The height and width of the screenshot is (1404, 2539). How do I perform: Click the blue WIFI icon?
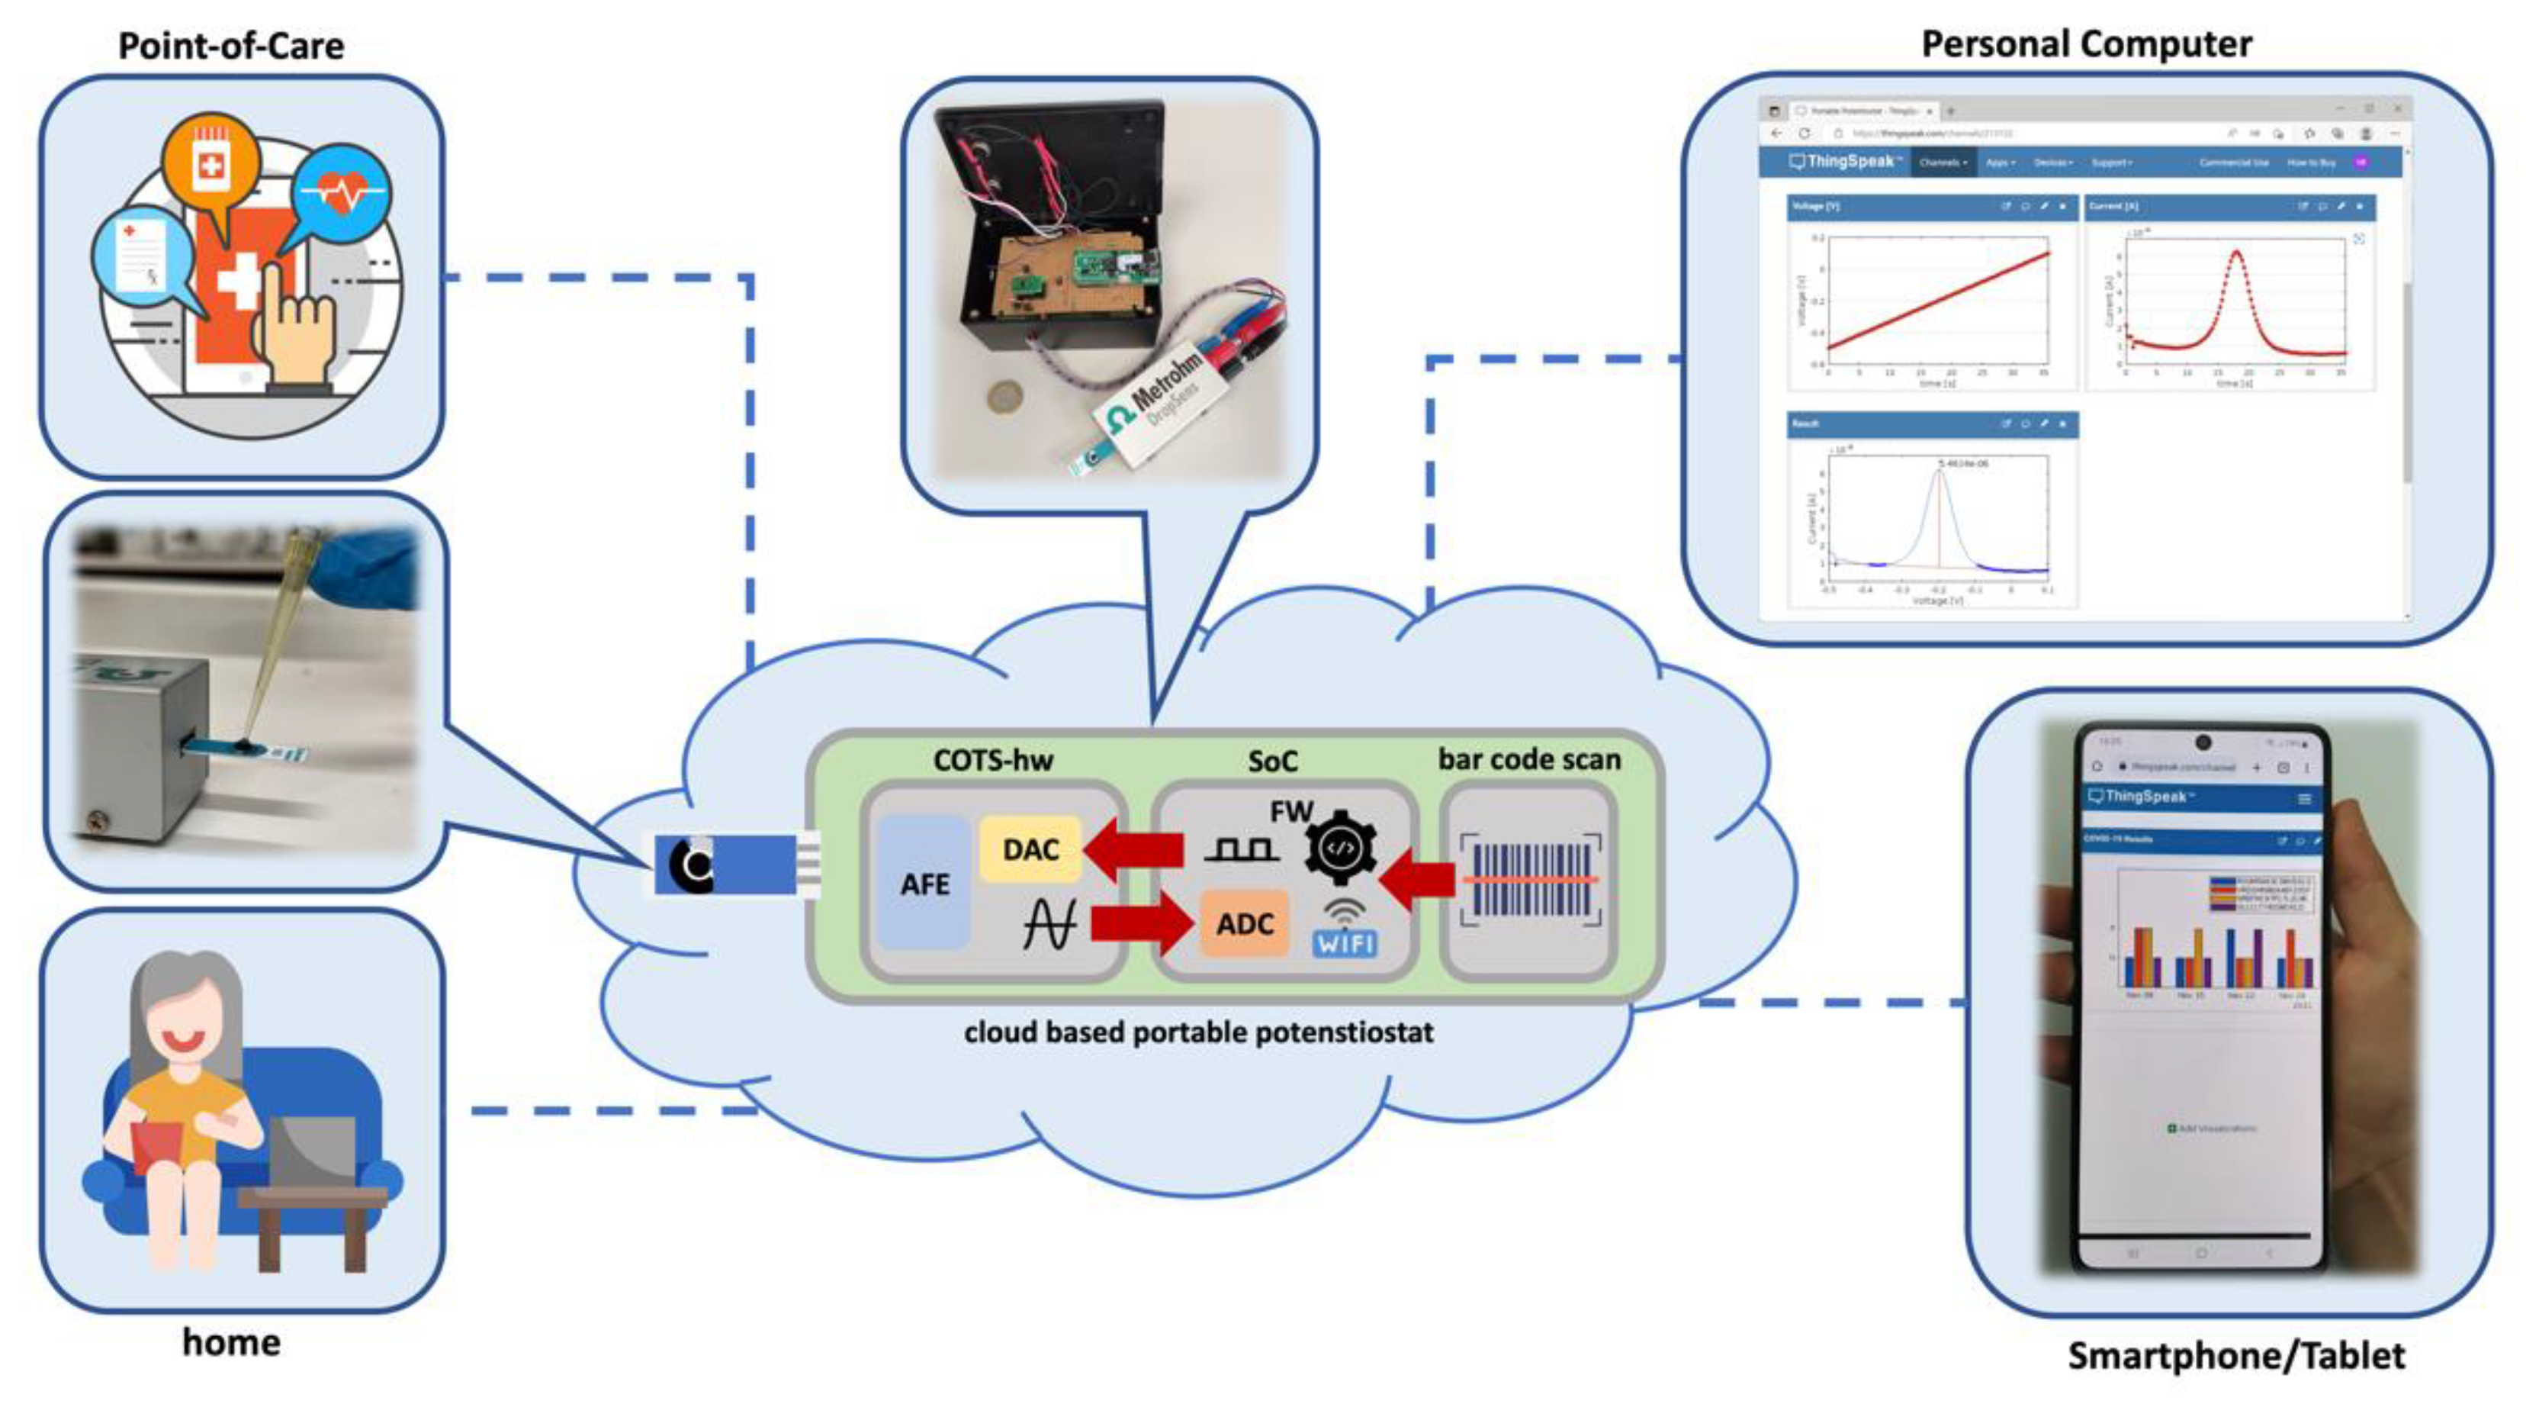tap(1345, 942)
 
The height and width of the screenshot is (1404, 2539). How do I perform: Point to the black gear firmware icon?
tap(1342, 847)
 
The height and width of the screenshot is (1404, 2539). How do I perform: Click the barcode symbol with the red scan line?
tap(1530, 878)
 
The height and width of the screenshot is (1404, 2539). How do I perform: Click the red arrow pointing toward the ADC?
tap(1143, 924)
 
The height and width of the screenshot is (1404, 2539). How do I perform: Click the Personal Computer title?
tap(2086, 44)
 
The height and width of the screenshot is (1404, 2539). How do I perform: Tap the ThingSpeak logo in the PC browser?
tap(1843, 161)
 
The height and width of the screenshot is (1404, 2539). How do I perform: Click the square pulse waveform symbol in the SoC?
tap(1241, 849)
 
